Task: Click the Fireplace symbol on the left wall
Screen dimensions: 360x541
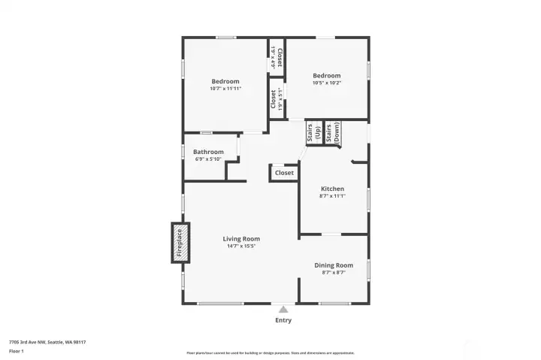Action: pos(180,244)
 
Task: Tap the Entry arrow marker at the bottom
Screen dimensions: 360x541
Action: pos(283,308)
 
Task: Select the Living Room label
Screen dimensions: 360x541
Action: pos(241,239)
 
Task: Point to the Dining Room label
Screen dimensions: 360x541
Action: pos(333,265)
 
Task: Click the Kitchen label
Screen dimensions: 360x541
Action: pos(333,189)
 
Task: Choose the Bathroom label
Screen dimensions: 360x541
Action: pos(208,152)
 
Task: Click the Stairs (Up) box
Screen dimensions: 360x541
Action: pos(313,132)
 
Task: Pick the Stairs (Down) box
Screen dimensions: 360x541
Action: pos(331,132)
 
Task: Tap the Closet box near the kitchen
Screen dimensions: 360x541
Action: pos(284,173)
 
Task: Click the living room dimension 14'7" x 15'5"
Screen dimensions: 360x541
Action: pos(241,247)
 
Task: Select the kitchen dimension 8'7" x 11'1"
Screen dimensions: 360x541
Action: pos(333,196)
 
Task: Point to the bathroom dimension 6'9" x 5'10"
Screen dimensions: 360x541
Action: pos(208,159)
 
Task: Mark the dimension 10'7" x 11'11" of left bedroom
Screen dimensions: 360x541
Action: pos(225,89)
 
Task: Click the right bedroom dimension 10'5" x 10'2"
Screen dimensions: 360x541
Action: pos(327,83)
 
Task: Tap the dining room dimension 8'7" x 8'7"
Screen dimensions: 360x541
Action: pos(333,273)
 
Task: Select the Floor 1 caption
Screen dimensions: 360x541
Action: pos(17,351)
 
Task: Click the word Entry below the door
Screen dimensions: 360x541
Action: pos(283,320)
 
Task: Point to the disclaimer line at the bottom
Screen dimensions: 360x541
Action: pos(270,352)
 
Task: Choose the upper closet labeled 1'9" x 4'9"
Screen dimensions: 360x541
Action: pos(276,58)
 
